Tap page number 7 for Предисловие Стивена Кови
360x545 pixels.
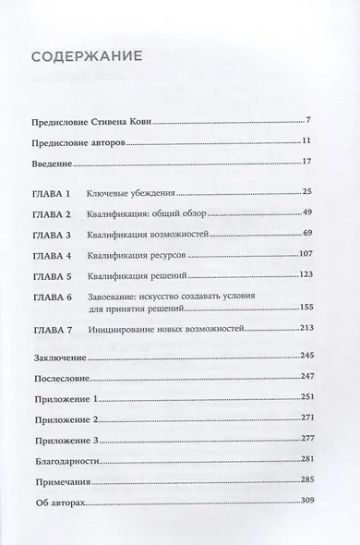tap(317, 120)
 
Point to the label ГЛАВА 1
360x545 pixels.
tap(63, 196)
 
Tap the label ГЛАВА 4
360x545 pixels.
tap(63, 253)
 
